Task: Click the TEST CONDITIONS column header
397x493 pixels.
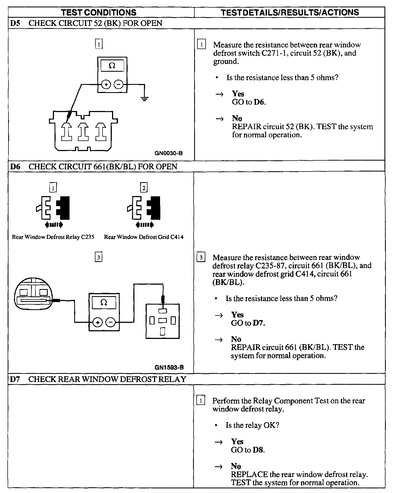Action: coord(99,12)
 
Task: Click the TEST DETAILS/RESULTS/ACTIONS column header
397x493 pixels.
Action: coord(290,12)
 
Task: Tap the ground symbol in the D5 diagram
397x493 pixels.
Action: coord(145,98)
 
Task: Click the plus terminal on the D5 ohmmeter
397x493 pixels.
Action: coord(106,85)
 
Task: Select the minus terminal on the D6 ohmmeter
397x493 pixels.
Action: coord(110,323)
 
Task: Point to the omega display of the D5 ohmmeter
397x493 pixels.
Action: coord(112,66)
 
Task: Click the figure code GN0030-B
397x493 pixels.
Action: coord(169,153)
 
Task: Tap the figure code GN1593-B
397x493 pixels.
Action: coord(169,367)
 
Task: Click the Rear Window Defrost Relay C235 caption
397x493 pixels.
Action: coord(53,237)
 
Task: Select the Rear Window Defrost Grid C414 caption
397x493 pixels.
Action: coord(144,237)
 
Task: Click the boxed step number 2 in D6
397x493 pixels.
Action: coord(144,188)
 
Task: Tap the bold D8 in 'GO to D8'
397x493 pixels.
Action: coord(258,450)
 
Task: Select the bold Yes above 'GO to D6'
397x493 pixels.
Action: coord(238,94)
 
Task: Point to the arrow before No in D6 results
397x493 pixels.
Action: coord(219,339)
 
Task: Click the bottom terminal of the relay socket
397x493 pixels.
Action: coord(163,331)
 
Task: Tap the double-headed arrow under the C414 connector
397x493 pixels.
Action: coord(145,225)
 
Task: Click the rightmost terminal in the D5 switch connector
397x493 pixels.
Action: coord(101,132)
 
